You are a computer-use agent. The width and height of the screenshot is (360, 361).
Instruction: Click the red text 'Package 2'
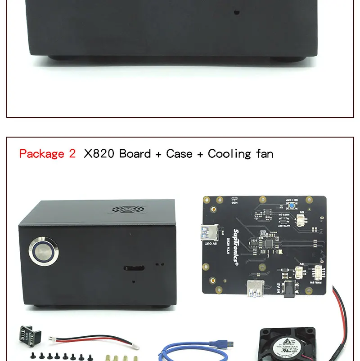click(47, 154)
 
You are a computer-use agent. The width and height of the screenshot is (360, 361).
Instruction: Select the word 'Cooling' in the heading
click(229, 154)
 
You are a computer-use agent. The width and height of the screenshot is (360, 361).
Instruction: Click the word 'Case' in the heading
click(179, 154)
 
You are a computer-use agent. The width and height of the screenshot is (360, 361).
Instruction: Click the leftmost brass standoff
click(108, 357)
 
